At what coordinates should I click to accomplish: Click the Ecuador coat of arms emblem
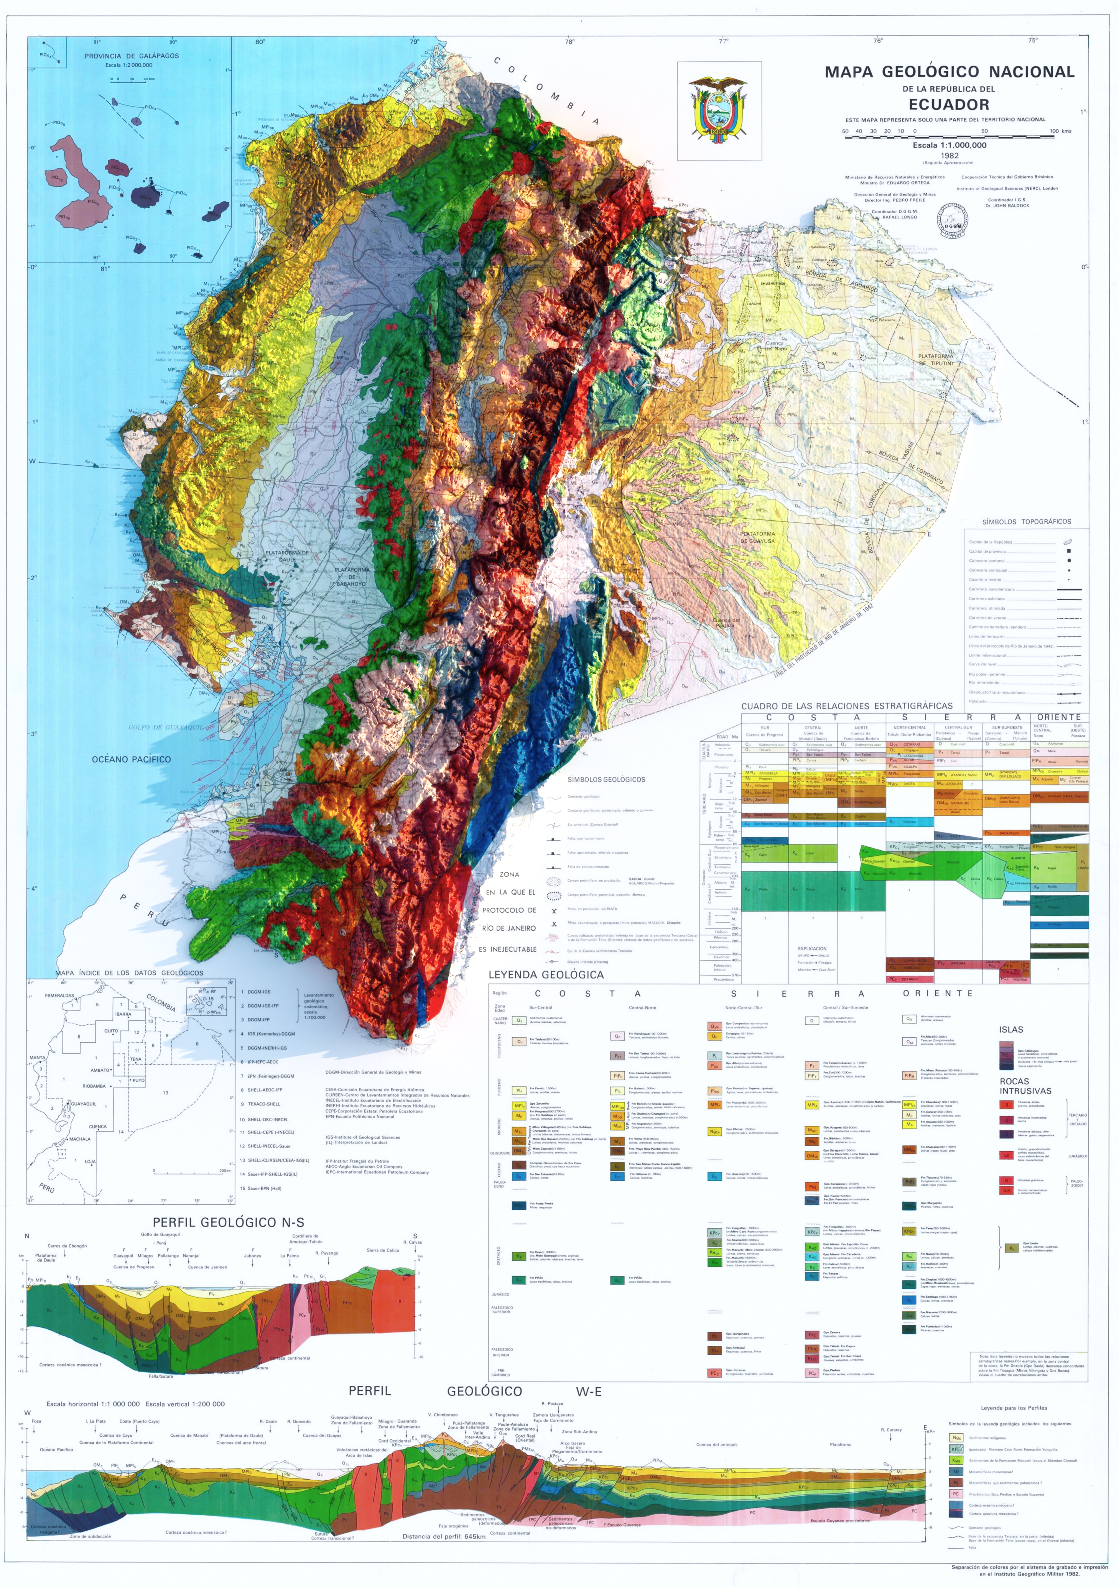pyautogui.click(x=719, y=111)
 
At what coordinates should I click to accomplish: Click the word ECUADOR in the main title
pyautogui.click(x=948, y=105)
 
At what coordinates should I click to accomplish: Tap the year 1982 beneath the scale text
pyautogui.click(x=950, y=156)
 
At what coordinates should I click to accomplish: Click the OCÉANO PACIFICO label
pyautogui.click(x=132, y=759)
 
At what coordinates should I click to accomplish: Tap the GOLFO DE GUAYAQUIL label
pyautogui.click(x=166, y=727)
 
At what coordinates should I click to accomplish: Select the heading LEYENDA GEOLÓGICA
pyautogui.click(x=546, y=974)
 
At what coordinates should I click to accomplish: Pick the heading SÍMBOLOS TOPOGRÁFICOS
pyautogui.click(x=1026, y=522)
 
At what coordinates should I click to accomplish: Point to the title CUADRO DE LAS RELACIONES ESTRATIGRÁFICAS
pyautogui.click(x=846, y=706)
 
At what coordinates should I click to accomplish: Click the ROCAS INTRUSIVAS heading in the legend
pyautogui.click(x=1025, y=1086)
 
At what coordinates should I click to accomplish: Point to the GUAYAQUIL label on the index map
pyautogui.click(x=84, y=1104)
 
